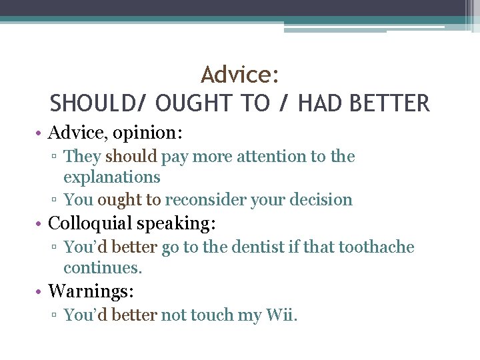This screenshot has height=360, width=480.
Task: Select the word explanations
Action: tap(112, 177)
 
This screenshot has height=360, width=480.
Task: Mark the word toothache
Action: tap(376, 247)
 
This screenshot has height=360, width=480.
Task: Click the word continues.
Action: tap(103, 268)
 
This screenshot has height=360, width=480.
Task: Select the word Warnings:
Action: tap(91, 291)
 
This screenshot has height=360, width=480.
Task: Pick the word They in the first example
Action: tap(82, 157)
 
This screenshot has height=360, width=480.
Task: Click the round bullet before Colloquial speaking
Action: tap(41, 223)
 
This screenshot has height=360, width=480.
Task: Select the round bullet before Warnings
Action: tap(41, 291)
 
